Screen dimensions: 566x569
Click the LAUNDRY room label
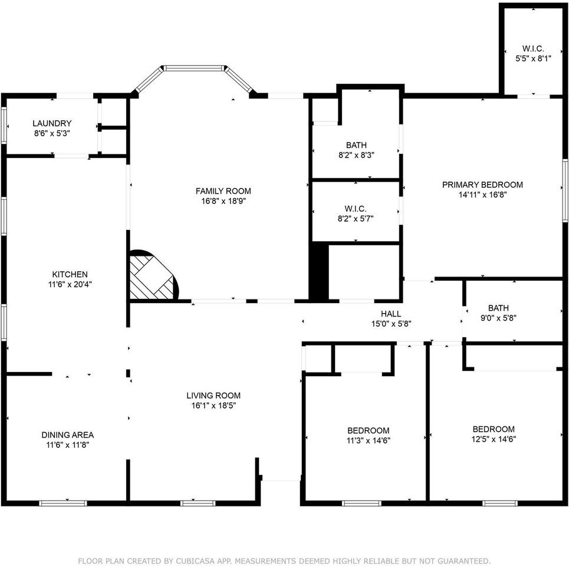(x=52, y=123)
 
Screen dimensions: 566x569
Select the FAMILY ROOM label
(x=223, y=191)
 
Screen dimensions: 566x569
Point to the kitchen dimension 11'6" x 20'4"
(x=70, y=284)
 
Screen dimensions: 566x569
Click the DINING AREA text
(x=67, y=435)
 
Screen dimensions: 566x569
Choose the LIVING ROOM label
(x=213, y=396)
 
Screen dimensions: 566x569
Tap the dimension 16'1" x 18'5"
(x=213, y=406)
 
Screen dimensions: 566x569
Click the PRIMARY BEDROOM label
(x=482, y=185)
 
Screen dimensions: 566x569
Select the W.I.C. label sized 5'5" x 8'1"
(x=532, y=48)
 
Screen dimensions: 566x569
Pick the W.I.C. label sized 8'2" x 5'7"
(x=356, y=209)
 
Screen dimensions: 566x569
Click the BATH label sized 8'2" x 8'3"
(x=356, y=145)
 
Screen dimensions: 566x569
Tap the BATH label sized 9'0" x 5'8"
(x=498, y=308)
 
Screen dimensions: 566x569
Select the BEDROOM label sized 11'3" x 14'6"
(x=368, y=430)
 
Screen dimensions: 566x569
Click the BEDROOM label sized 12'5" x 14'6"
(x=494, y=429)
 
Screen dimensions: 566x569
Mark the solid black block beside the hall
(x=318, y=272)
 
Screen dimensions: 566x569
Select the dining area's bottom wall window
(x=63, y=503)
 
